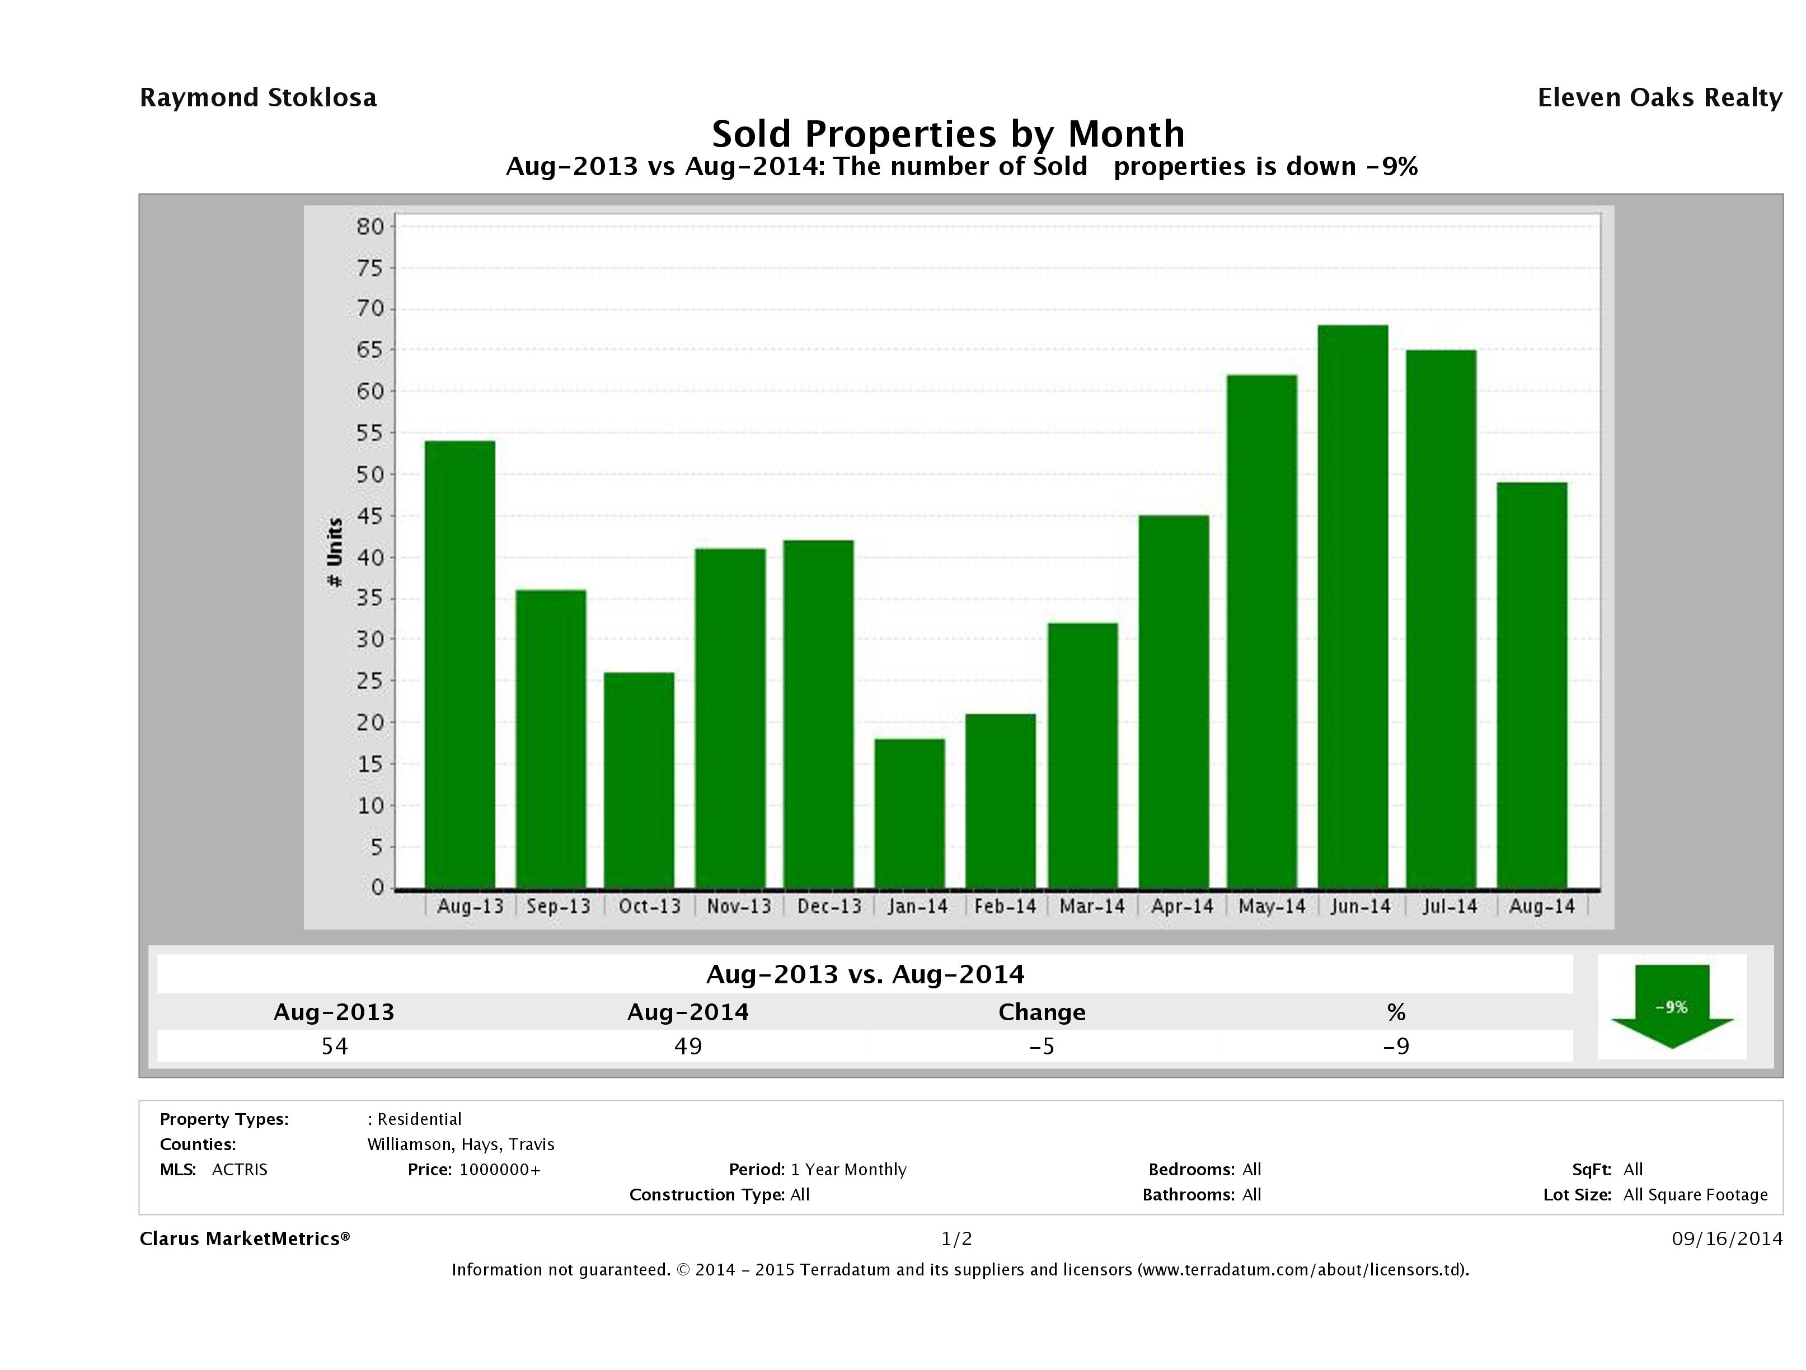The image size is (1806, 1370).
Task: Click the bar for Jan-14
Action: tap(909, 813)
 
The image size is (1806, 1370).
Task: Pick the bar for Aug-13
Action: tap(459, 665)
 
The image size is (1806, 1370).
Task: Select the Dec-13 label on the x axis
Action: tap(829, 906)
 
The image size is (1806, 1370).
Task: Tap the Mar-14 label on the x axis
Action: tap(1091, 906)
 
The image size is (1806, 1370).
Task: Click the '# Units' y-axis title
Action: tap(335, 552)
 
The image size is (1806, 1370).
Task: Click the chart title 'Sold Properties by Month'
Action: tap(948, 133)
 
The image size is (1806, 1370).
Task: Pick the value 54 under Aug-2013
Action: tap(335, 1046)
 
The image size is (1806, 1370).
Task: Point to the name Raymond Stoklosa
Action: tap(258, 98)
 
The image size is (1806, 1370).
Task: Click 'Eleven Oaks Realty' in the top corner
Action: tap(1659, 98)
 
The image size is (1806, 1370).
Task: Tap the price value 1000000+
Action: tap(500, 1169)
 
